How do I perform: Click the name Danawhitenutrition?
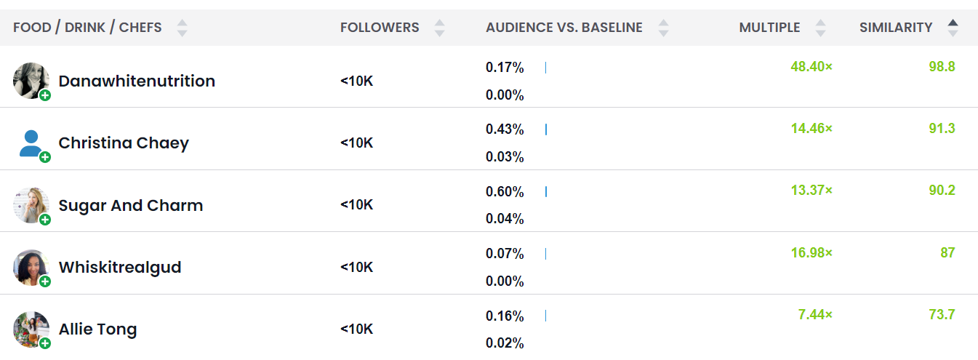tap(137, 81)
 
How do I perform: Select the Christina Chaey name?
tap(124, 143)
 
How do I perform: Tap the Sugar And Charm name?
tap(131, 205)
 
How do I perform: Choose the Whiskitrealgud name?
tap(120, 267)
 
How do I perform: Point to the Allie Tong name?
tap(97, 329)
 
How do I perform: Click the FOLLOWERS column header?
tap(380, 28)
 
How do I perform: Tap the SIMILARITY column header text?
tap(896, 28)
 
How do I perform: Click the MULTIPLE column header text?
tap(769, 28)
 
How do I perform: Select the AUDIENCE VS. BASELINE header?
tap(564, 28)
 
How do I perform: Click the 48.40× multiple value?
tap(811, 67)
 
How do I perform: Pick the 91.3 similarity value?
tap(942, 129)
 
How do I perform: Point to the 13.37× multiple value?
tap(811, 191)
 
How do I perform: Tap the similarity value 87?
tap(947, 252)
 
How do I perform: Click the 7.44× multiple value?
tap(815, 314)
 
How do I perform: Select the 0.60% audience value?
tap(505, 192)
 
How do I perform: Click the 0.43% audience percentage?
tap(505, 129)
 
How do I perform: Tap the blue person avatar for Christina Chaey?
tap(31, 143)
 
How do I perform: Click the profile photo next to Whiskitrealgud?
tap(31, 267)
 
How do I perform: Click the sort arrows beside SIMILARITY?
tap(953, 28)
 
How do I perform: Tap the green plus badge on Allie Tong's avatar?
tap(45, 343)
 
